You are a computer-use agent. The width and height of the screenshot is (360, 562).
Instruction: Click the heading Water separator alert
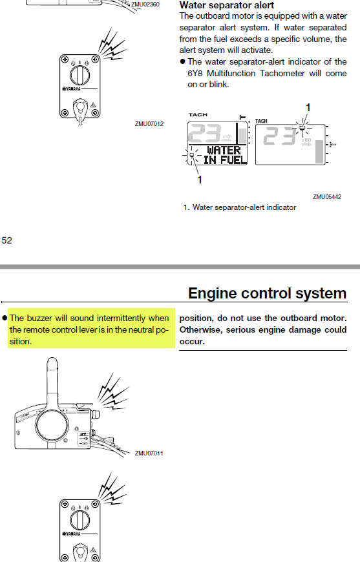(x=227, y=5)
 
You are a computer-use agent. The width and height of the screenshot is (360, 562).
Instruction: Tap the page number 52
(x=7, y=240)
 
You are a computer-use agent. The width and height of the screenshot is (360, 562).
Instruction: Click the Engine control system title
(x=267, y=293)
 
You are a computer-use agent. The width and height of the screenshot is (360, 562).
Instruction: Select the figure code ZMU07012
(x=149, y=123)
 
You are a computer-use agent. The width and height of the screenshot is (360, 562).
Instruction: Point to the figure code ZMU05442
(x=327, y=197)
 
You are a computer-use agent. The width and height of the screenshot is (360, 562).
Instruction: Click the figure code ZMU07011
(x=149, y=453)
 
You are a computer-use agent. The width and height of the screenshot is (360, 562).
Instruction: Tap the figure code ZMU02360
(x=145, y=5)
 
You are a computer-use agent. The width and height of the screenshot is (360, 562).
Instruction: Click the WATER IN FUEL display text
(x=225, y=155)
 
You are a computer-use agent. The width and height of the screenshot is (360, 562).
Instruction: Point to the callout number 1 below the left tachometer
(x=200, y=180)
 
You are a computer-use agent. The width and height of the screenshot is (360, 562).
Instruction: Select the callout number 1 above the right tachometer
(x=308, y=107)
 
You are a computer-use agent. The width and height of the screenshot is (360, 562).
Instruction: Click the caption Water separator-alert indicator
(x=244, y=207)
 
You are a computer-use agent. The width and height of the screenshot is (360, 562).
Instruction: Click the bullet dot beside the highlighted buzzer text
(x=5, y=318)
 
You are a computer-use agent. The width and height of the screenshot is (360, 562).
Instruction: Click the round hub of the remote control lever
(x=52, y=426)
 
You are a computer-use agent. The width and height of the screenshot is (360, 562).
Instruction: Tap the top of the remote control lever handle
(x=52, y=360)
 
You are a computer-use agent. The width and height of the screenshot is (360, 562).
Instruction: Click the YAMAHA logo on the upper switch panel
(x=72, y=89)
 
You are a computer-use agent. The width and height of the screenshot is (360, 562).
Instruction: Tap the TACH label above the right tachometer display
(x=261, y=121)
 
